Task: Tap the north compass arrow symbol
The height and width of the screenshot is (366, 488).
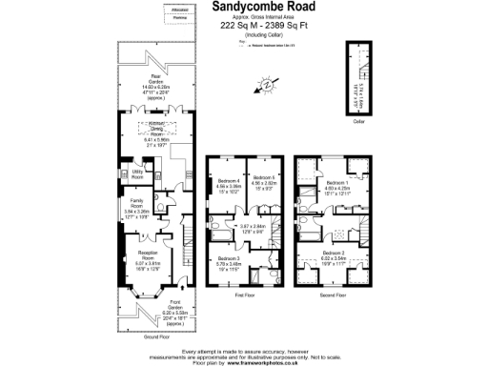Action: point(268,85)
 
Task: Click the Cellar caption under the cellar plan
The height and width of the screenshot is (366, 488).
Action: point(359,121)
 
